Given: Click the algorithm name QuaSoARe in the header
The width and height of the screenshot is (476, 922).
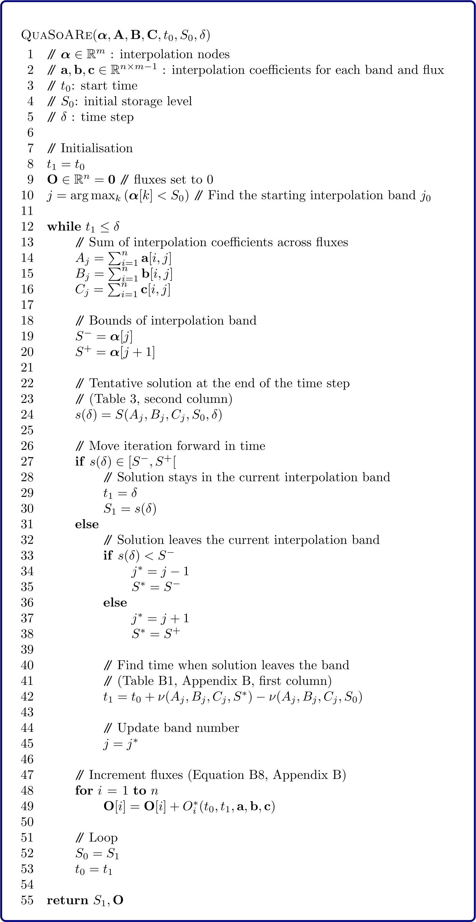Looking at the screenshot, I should pyautogui.click(x=57, y=35).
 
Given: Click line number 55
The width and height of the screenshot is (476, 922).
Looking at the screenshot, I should pyautogui.click(x=27, y=900).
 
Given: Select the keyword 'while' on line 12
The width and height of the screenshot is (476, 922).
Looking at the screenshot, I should pyautogui.click(x=64, y=226).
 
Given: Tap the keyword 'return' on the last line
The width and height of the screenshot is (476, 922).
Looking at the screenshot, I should pyautogui.click(x=67, y=900).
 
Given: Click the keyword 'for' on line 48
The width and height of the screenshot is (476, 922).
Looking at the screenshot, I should pyautogui.click(x=84, y=791).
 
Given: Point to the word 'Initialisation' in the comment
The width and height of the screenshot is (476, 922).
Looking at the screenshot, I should pyautogui.click(x=96, y=148).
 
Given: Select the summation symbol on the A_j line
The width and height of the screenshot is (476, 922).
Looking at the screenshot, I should pyautogui.click(x=115, y=258).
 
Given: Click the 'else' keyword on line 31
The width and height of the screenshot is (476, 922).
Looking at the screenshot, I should pyautogui.click(x=87, y=524).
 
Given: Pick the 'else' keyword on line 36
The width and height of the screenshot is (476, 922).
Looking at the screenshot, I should pyautogui.click(x=115, y=603).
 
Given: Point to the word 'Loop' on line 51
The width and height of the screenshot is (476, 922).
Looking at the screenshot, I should pyautogui.click(x=103, y=837).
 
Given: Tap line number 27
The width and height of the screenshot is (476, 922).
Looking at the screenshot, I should pyautogui.click(x=27, y=462).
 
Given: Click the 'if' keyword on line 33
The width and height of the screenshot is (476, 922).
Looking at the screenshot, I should pyautogui.click(x=108, y=555).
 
